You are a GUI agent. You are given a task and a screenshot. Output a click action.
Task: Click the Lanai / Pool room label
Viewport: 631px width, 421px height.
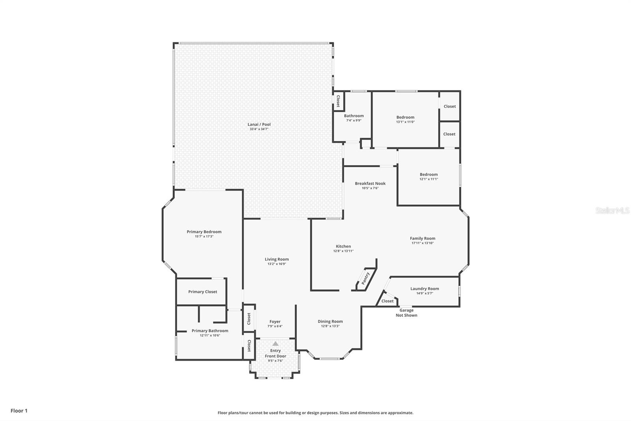[259, 124]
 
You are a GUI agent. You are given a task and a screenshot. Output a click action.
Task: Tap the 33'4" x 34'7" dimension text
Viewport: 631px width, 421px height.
[259, 129]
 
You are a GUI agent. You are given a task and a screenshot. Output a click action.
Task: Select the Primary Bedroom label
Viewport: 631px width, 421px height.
[204, 232]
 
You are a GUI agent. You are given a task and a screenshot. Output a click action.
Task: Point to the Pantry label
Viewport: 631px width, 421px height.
[365, 278]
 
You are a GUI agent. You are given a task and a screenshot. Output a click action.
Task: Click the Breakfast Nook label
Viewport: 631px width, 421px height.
[370, 183]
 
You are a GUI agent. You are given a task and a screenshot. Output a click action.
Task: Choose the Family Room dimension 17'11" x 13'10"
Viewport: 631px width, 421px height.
[422, 243]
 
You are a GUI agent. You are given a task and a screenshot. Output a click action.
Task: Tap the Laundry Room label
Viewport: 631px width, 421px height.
[424, 289]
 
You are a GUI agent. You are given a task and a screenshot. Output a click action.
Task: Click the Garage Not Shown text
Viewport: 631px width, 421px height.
[406, 313]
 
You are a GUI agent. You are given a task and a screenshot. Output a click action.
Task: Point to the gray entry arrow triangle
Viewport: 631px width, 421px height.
[276, 344]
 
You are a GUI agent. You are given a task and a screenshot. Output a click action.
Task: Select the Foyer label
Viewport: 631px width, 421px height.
[275, 322]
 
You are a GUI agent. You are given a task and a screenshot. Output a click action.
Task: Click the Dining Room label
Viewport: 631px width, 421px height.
[330, 321]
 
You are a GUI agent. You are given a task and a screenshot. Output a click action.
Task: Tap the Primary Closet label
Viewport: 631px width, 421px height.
[203, 292]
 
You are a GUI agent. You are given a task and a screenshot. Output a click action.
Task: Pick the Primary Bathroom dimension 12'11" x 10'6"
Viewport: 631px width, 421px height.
[210, 336]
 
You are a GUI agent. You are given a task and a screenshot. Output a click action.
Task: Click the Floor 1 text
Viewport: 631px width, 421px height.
[19, 411]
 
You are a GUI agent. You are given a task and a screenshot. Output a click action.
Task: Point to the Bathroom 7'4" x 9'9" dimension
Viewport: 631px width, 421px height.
[354, 120]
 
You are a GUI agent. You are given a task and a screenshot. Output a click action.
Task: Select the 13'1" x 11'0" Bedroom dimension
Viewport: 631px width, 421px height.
[405, 122]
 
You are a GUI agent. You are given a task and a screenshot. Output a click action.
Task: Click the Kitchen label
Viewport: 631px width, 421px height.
[344, 246]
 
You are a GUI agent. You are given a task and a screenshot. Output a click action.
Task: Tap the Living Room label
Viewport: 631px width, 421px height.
[276, 259]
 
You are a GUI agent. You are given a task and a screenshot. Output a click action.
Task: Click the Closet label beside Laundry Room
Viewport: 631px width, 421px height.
[387, 301]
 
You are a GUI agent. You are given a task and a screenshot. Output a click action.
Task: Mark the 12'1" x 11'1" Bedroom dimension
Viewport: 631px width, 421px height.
[429, 179]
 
